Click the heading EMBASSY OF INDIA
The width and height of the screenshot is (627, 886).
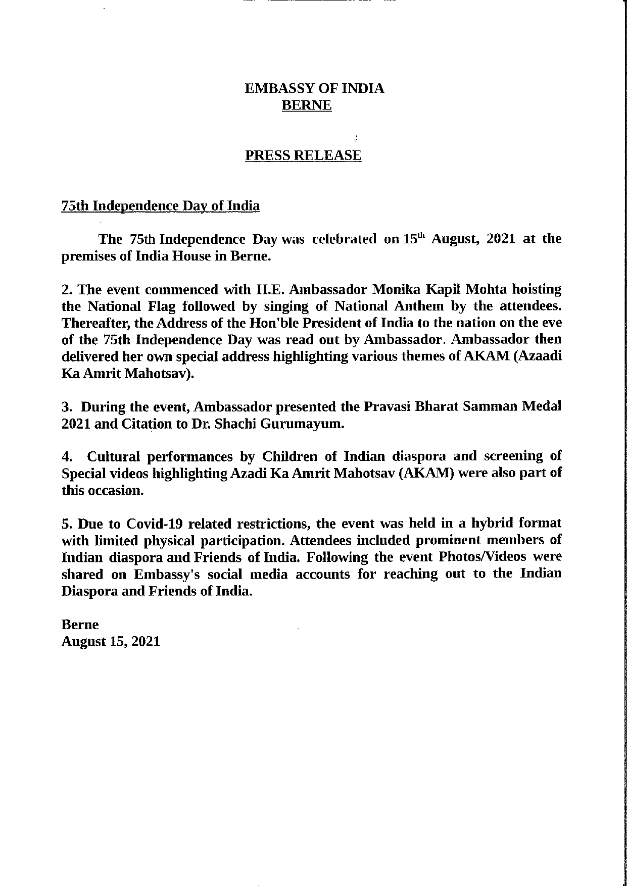(x=314, y=89)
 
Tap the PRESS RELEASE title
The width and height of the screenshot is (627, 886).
(x=303, y=155)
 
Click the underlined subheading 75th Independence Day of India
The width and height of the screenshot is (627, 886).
(x=161, y=206)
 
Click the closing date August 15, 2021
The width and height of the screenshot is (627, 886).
(x=111, y=641)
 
